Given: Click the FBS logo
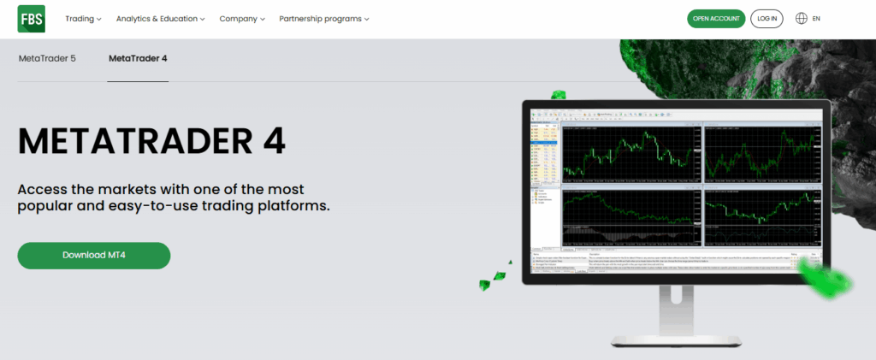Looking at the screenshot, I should (32, 19).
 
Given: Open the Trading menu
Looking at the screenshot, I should (83, 19).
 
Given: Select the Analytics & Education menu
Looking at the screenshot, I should (160, 19).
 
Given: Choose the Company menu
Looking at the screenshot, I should (241, 19).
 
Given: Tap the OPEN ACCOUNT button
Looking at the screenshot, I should (716, 19).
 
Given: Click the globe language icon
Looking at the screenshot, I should (802, 19).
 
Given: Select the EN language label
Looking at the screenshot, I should (817, 19).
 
